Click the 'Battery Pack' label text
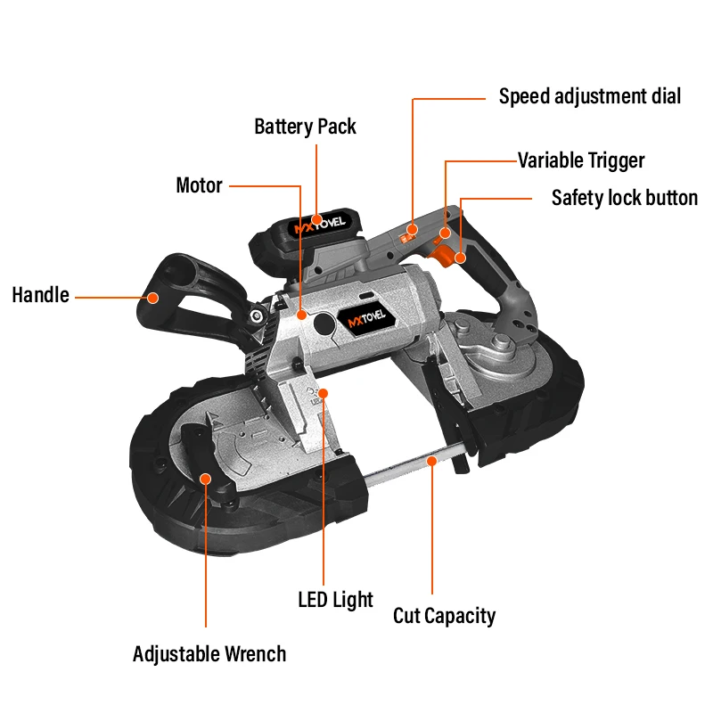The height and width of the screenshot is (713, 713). pyautogui.click(x=305, y=127)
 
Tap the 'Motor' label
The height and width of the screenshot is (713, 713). pyautogui.click(x=199, y=185)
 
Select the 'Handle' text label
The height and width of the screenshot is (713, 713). pyautogui.click(x=40, y=295)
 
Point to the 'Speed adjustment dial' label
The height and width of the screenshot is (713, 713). pyautogui.click(x=589, y=96)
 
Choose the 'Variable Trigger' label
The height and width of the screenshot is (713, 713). pyautogui.click(x=581, y=160)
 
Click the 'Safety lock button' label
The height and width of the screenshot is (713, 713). pyautogui.click(x=624, y=198)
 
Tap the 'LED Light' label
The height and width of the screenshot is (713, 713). pyautogui.click(x=335, y=600)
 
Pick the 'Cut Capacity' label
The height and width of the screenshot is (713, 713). pyautogui.click(x=444, y=615)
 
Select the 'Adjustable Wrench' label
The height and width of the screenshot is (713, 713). pyautogui.click(x=209, y=654)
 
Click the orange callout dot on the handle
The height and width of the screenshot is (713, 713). pyautogui.click(x=153, y=297)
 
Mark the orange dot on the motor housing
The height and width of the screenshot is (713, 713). pyautogui.click(x=302, y=315)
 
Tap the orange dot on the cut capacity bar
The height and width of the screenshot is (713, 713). pyautogui.click(x=432, y=461)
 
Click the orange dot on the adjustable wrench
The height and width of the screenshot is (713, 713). pyautogui.click(x=206, y=479)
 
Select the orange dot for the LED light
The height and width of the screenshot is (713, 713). pyautogui.click(x=324, y=393)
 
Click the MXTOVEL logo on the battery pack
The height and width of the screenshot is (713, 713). pyautogui.click(x=320, y=226)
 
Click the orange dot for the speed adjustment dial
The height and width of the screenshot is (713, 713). pyautogui.click(x=413, y=231)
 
